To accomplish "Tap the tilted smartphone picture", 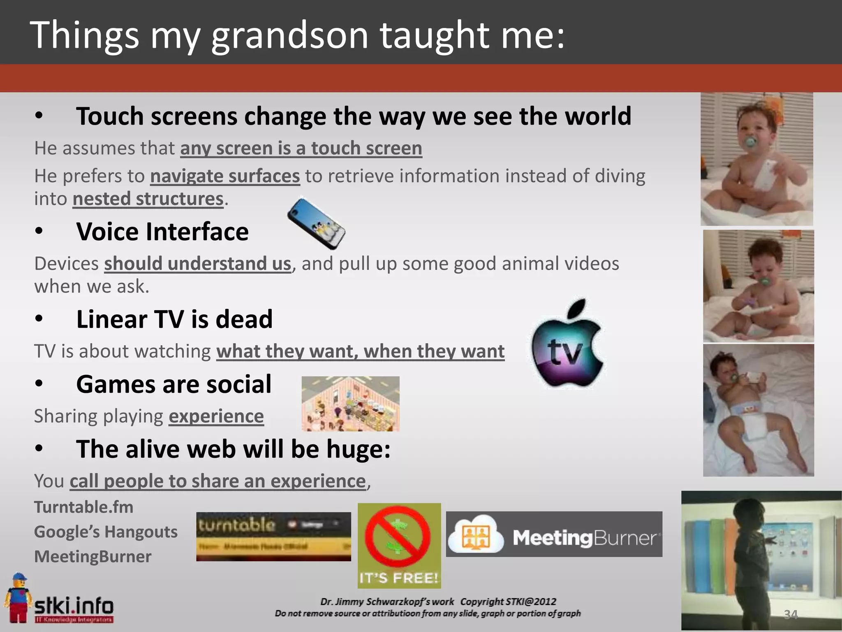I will point(316,223).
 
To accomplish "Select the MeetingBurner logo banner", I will point(554,534).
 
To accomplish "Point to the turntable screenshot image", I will point(273,536).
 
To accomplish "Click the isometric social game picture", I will point(350,404).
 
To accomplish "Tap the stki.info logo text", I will point(74,606).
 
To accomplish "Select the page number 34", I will point(791,614).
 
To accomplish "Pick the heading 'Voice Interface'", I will point(162,232).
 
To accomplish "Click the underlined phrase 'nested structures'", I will point(148,199).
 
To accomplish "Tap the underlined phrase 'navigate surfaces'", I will point(225,176).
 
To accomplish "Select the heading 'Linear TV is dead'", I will point(174,319).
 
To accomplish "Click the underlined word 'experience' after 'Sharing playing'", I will point(216,416).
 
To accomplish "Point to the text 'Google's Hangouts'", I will point(106,532).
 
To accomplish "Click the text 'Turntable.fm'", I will point(84,507).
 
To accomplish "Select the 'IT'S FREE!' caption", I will point(398,578).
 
